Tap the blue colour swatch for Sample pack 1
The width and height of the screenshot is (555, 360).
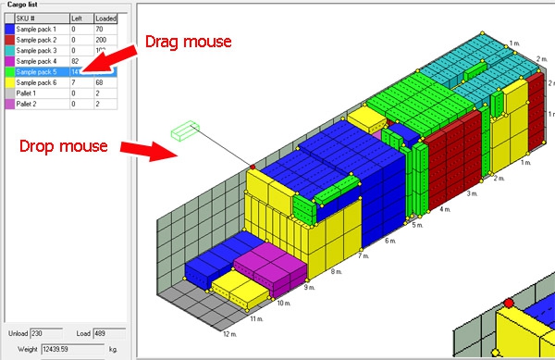(8, 31)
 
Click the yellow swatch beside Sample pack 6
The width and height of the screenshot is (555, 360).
(8, 81)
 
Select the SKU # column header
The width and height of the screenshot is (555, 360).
(32, 19)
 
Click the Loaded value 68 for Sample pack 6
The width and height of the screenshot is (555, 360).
(93, 81)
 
